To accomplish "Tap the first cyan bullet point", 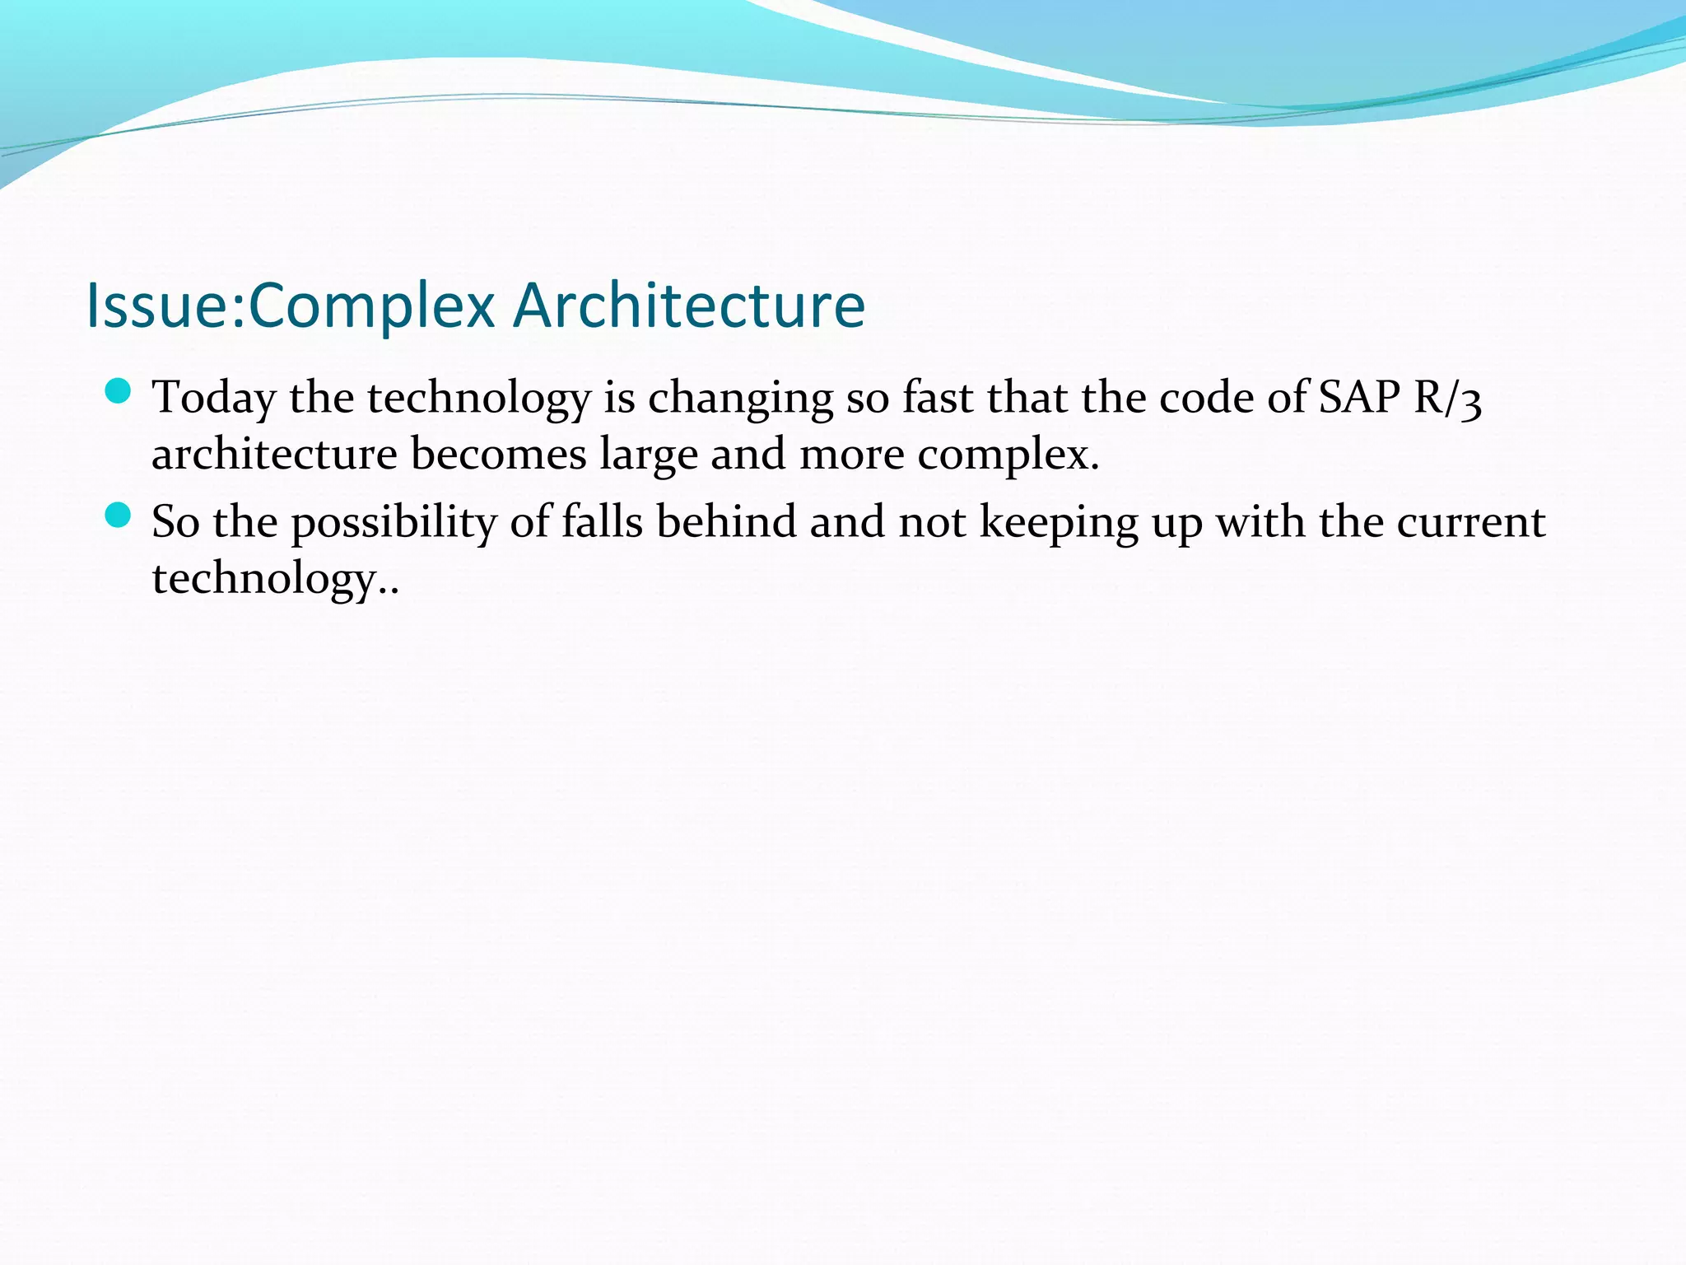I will (119, 391).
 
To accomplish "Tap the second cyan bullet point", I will (119, 516).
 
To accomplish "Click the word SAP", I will (1359, 398).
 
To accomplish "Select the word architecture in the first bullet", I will (274, 455).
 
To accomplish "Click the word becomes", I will (498, 455).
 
